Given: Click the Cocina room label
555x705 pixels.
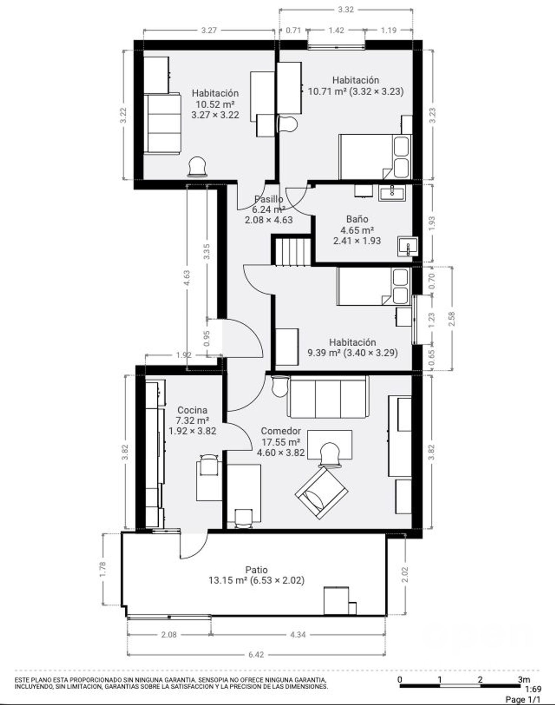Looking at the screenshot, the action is [x=192, y=410].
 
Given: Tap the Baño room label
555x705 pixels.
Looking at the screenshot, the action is [x=357, y=219].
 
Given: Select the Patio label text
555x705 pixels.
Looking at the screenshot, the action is [x=256, y=570].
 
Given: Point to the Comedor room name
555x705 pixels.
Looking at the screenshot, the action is [x=281, y=431].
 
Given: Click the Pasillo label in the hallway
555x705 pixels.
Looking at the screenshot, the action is [x=269, y=199].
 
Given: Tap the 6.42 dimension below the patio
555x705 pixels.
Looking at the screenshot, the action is [x=256, y=655].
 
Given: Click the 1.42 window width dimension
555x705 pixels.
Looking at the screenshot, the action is [x=336, y=30].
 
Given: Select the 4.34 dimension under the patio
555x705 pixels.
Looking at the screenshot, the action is [x=298, y=635].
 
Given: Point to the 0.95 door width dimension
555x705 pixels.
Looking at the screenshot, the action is [x=207, y=338].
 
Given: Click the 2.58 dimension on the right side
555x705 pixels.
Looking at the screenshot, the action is [x=451, y=319].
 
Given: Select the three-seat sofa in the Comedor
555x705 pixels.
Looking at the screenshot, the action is [x=328, y=396].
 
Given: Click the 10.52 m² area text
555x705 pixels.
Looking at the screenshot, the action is [x=215, y=104].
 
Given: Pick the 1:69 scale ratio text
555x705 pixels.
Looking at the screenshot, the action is [x=534, y=689].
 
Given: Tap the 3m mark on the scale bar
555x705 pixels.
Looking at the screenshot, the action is [x=524, y=679].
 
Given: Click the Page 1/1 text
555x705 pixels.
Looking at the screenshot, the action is [x=523, y=699].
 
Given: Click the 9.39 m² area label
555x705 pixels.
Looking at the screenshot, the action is [x=324, y=353].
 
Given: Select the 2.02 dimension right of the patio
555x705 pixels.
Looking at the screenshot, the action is [x=405, y=575].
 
